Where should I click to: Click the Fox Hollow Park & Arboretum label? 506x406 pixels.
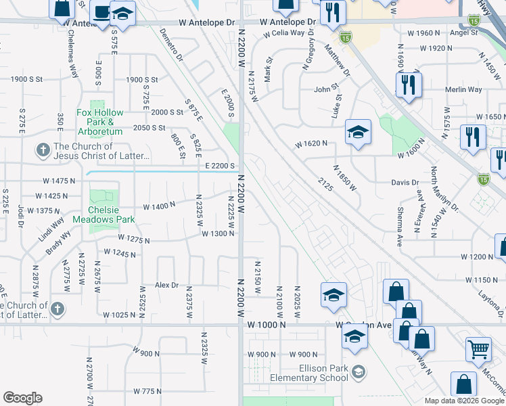(x=100, y=118)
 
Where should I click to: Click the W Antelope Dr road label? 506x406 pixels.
(x=210, y=22)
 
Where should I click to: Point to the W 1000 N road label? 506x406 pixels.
(x=267, y=325)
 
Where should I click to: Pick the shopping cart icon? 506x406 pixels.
(x=478, y=349)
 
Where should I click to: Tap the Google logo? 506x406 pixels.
(x=22, y=398)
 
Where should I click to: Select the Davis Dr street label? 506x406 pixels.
(x=405, y=183)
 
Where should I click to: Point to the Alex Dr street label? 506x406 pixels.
(x=166, y=286)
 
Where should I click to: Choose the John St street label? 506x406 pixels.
(x=325, y=89)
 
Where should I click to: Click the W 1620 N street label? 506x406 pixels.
(x=311, y=143)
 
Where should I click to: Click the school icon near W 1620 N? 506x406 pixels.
(x=358, y=132)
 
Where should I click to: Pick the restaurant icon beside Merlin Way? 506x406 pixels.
(x=409, y=85)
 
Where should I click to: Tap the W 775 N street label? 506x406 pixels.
(x=148, y=391)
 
